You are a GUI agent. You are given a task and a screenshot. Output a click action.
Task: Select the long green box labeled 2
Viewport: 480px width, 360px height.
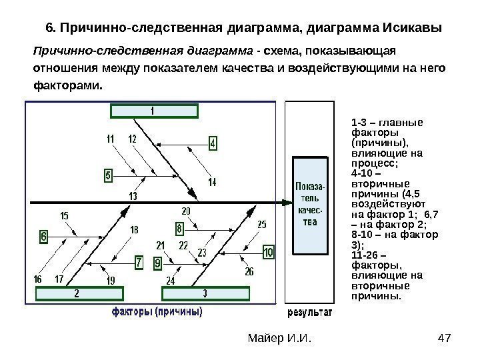pos(77,293)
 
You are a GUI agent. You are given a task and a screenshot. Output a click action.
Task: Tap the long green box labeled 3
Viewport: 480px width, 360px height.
pos(204,293)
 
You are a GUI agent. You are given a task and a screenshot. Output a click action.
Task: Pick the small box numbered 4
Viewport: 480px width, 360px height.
pos(213,143)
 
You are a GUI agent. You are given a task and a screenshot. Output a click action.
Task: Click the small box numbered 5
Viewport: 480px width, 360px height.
pos(108,175)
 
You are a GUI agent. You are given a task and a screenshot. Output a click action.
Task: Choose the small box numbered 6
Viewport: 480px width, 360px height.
pos(44,236)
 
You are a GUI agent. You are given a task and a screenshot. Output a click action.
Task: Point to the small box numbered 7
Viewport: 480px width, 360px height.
pos(139,263)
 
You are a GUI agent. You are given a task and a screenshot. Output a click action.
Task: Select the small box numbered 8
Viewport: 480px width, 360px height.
pos(179,229)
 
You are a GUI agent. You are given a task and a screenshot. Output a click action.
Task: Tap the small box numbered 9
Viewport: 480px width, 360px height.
pos(157,263)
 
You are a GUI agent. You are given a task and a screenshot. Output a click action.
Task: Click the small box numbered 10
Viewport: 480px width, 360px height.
pos(268,253)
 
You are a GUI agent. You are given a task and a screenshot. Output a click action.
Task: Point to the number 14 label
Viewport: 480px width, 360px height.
pos(212,182)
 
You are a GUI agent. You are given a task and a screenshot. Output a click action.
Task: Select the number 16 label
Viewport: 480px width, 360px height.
pos(37,278)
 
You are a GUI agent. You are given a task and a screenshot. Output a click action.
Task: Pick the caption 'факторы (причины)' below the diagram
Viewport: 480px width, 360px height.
pos(157,311)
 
